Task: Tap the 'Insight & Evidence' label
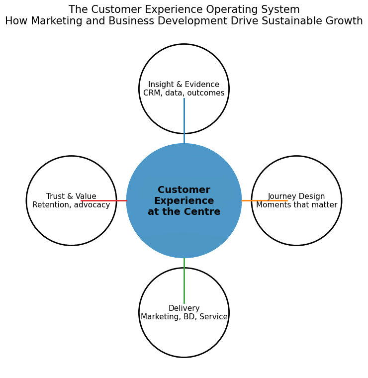point(184,85)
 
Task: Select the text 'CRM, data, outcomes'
point(184,93)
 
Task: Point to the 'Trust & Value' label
point(71,196)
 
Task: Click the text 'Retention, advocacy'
point(71,205)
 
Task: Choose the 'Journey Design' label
point(296,196)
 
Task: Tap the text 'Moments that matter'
point(296,205)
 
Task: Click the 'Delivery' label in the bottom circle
point(184,308)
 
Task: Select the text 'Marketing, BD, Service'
point(184,317)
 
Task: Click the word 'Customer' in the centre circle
point(184,190)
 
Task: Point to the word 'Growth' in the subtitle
point(345,21)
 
